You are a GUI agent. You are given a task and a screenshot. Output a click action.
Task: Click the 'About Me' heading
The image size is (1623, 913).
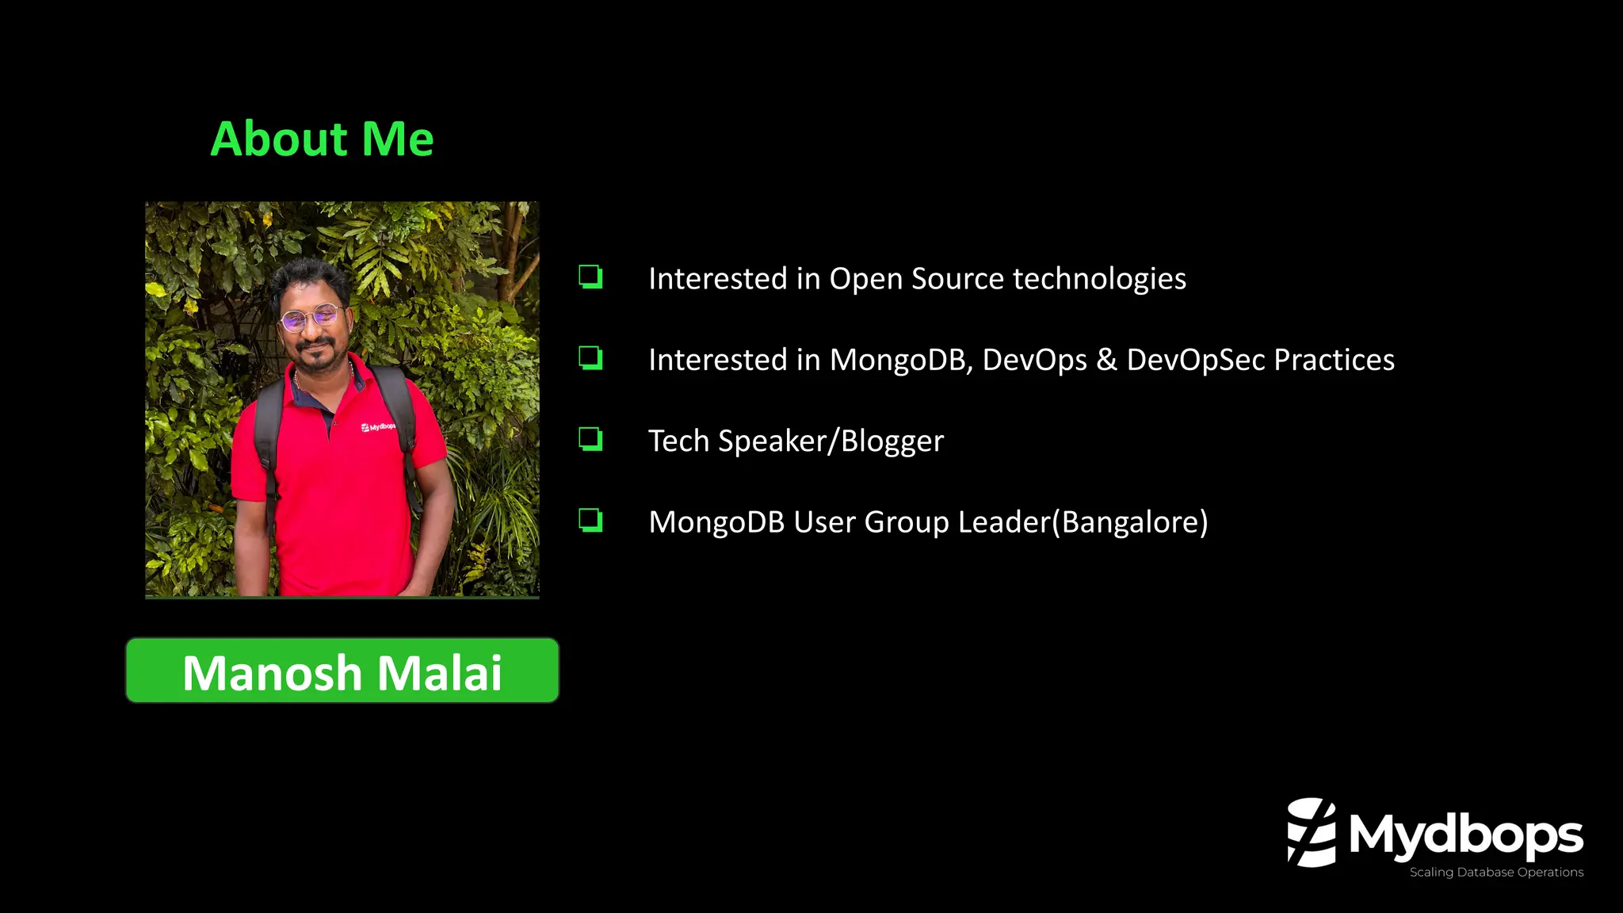tap(322, 139)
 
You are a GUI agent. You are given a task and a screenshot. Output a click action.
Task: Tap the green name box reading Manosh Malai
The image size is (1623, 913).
tap(342, 670)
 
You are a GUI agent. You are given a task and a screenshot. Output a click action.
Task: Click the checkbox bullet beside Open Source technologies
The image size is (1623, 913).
tap(590, 277)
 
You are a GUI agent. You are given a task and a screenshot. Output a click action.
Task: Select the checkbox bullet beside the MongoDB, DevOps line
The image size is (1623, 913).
tap(590, 358)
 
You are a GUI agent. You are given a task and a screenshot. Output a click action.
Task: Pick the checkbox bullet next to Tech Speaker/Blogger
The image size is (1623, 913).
tap(590, 439)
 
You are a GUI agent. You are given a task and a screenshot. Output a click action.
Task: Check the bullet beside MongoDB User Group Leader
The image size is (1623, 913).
tap(590, 521)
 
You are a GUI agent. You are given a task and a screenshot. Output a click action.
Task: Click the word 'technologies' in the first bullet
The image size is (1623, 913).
tap(1099, 279)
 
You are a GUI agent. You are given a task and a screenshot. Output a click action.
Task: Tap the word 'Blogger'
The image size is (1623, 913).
tap(892, 441)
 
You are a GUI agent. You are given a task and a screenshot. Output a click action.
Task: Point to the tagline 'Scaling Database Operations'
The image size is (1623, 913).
tap(1496, 873)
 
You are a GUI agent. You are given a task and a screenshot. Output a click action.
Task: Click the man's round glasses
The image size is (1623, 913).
tap(311, 319)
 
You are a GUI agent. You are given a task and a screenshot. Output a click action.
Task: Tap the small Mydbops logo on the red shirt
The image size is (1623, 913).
tap(378, 427)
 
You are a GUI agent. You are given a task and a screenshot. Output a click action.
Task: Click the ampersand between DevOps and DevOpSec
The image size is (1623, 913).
tap(1106, 361)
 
